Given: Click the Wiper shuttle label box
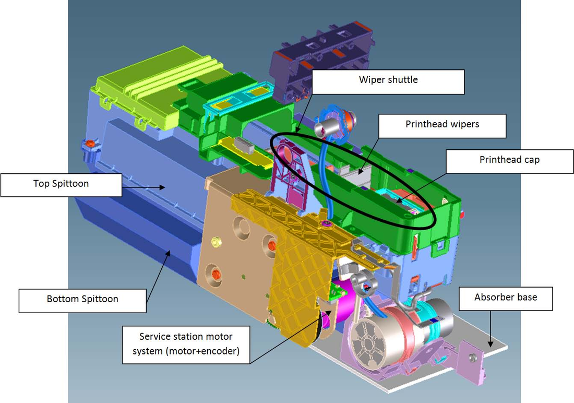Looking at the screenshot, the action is (x=388, y=82).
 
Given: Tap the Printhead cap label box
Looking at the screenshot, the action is (x=510, y=161).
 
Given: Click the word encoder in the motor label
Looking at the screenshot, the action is (x=219, y=351).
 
